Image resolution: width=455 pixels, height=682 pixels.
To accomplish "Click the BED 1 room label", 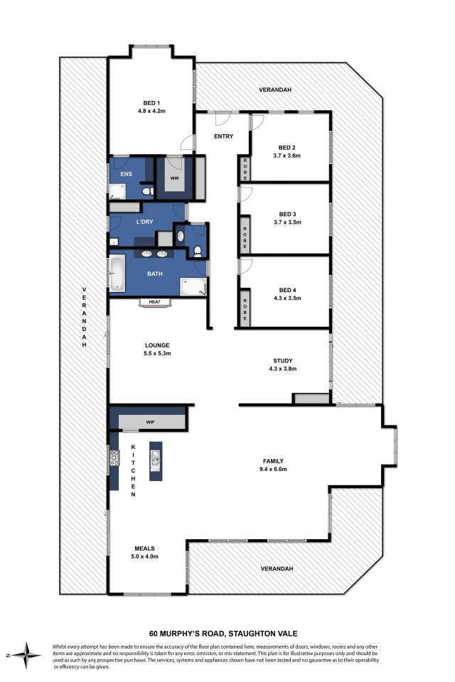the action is [151, 103].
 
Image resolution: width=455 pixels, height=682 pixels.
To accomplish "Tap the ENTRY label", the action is [224, 136].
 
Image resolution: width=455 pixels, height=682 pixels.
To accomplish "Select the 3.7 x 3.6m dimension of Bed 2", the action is [287, 156].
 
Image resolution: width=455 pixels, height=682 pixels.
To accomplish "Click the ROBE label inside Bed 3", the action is [245, 237].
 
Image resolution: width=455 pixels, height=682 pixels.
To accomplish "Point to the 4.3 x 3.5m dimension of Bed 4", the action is [287, 298].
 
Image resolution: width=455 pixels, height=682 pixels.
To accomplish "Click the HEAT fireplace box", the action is [154, 302].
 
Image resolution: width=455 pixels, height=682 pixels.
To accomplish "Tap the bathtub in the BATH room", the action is [117, 273].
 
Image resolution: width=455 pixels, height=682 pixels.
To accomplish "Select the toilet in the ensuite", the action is [147, 191].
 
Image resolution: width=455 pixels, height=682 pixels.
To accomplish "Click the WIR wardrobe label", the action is [175, 178].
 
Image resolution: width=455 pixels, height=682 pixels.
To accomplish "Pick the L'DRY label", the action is [144, 222].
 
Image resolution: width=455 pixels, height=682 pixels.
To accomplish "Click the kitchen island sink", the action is [156, 460].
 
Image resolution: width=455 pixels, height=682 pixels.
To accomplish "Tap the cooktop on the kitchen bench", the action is [114, 458].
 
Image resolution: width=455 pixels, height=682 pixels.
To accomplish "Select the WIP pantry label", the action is [150, 422].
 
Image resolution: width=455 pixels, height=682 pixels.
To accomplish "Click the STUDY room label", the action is [282, 361].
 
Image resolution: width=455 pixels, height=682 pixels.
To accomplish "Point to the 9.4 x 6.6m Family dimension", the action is [274, 469].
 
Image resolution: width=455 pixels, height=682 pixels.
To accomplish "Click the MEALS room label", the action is [144, 548].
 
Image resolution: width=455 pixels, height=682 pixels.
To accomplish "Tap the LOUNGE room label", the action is [157, 345].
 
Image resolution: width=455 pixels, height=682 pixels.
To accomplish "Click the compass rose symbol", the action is [26, 655].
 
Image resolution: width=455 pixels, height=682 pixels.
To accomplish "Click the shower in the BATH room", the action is [193, 287].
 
